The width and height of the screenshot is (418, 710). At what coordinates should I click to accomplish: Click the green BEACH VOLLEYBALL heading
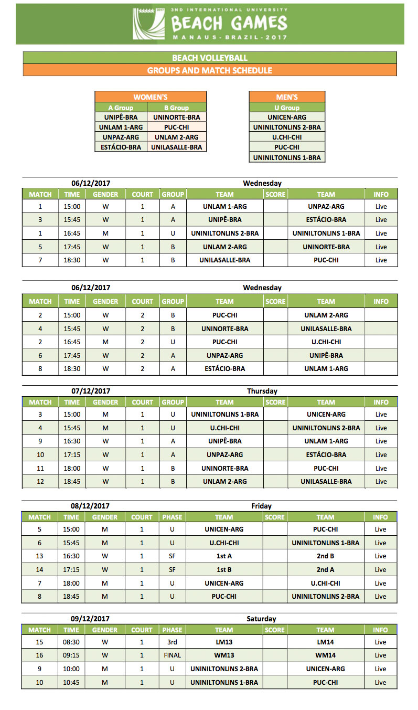pyautogui.click(x=210, y=58)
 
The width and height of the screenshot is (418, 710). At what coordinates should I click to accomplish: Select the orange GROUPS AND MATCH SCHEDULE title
pyautogui.click(x=210, y=70)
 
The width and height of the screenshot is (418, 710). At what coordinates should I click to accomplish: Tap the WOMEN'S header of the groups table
pyautogui.click(x=151, y=97)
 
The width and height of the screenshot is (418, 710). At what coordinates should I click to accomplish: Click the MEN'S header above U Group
pyautogui.click(x=287, y=97)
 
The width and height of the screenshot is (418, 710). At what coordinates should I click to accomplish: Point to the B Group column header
pyautogui.click(x=176, y=108)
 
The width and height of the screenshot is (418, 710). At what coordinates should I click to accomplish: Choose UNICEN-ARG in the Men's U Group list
pyautogui.click(x=287, y=118)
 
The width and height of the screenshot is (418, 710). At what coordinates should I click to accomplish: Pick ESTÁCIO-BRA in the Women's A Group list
pyautogui.click(x=121, y=147)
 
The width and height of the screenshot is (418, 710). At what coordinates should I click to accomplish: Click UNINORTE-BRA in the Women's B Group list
pyautogui.click(x=176, y=118)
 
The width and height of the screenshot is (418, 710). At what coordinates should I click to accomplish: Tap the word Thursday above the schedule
pyautogui.click(x=262, y=391)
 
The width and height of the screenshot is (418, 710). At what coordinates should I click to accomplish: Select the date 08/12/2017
pyautogui.click(x=91, y=506)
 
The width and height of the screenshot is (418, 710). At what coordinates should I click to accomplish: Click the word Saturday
pyautogui.click(x=261, y=619)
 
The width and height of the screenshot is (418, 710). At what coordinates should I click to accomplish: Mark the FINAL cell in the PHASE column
pyautogui.click(x=172, y=655)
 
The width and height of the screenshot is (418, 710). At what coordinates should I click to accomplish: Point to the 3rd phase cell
pyautogui.click(x=172, y=642)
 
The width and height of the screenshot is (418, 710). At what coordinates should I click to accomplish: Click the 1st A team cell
pyautogui.click(x=224, y=556)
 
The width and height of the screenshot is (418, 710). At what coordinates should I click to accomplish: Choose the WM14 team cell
pyautogui.click(x=325, y=655)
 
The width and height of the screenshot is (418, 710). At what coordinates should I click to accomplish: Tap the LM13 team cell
pyautogui.click(x=224, y=642)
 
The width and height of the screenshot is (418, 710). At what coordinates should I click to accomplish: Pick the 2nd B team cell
pyautogui.click(x=325, y=556)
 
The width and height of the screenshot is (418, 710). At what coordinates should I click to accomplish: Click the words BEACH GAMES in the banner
pyautogui.click(x=229, y=24)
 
